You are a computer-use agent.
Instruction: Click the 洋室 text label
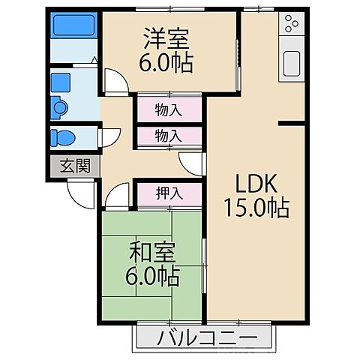pyautogui.click(x=166, y=37)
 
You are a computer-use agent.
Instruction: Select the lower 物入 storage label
pyautogui.click(x=168, y=136)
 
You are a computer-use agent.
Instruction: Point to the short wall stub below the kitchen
pyautogui.click(x=292, y=121)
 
